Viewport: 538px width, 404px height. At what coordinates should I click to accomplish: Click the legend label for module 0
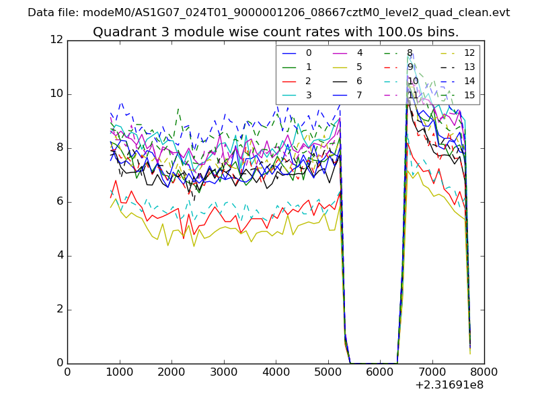309,53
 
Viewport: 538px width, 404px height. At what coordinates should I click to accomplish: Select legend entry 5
359,67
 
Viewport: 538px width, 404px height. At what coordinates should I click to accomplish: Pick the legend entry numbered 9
410,67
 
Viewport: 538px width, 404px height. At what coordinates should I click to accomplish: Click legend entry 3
309,95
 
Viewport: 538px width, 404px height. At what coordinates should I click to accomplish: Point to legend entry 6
359,81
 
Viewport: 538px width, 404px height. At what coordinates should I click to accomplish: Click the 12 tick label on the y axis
56,40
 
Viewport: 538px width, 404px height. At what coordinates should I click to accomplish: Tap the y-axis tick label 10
56,94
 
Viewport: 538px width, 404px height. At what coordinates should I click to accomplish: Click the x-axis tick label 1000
119,371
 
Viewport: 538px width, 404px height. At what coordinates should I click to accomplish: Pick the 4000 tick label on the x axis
276,371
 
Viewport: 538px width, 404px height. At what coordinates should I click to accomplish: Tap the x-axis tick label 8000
484,371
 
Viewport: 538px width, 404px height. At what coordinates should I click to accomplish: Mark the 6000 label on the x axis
380,371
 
